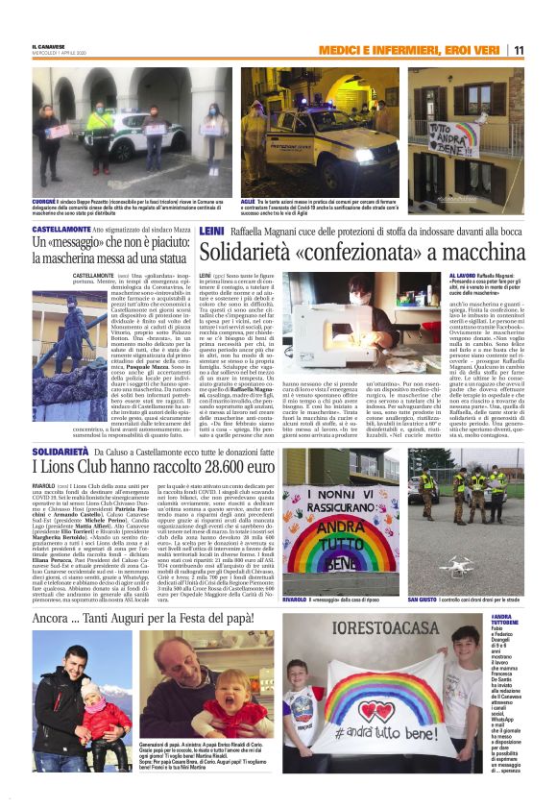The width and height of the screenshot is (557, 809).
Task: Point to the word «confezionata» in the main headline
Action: coord(380,252)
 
